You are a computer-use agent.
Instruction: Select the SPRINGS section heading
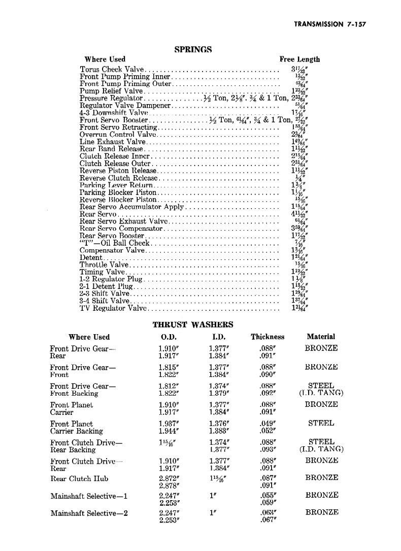click(193, 49)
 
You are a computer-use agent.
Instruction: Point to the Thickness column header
click(268, 337)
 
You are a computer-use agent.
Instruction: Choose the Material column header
click(321, 337)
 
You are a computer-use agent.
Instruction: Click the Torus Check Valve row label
click(112, 70)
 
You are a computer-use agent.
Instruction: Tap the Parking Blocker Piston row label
click(118, 193)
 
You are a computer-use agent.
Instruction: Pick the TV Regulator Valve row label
click(113, 308)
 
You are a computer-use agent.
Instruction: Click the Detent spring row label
click(90, 258)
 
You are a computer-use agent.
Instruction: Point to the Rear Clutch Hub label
click(79, 478)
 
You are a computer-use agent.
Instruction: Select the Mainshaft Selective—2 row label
click(89, 513)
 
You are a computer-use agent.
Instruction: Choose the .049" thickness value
click(268, 423)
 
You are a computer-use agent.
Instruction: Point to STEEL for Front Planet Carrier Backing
click(321, 423)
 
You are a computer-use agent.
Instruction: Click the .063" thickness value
click(268, 513)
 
